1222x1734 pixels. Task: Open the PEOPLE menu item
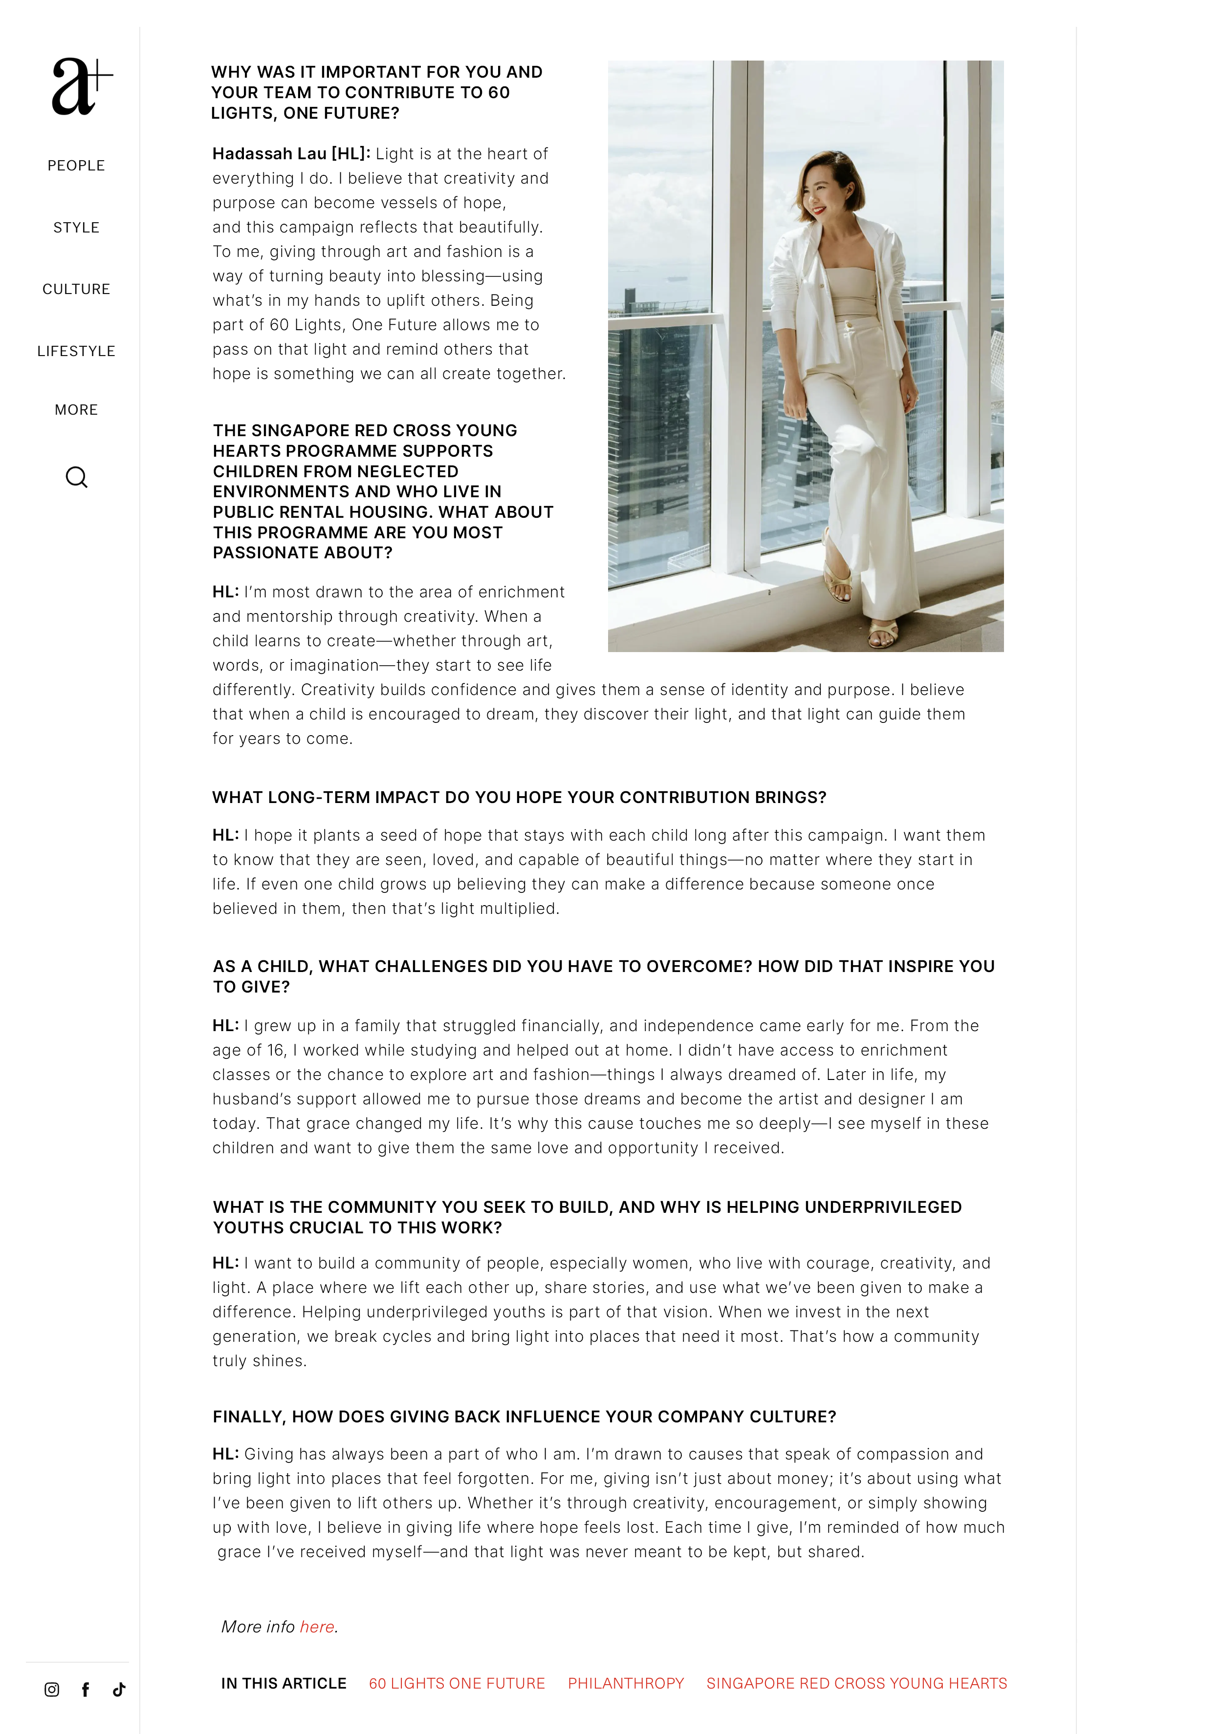(x=76, y=166)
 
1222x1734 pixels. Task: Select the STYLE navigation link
(x=76, y=227)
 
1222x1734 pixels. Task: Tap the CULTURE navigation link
(x=76, y=289)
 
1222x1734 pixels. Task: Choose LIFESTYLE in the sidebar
(x=76, y=351)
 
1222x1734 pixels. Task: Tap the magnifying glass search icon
(x=76, y=477)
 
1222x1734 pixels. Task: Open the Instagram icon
(x=51, y=1690)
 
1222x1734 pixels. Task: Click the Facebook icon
(x=86, y=1690)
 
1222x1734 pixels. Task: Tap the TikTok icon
(x=119, y=1690)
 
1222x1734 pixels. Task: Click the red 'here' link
(x=317, y=1627)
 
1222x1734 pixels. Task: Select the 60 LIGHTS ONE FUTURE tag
(x=457, y=1683)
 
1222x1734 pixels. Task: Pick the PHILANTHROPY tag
(x=626, y=1683)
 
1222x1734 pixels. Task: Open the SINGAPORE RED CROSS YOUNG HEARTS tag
(x=856, y=1683)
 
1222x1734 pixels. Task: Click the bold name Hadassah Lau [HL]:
(x=291, y=154)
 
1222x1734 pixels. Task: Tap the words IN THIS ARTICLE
(x=284, y=1683)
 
